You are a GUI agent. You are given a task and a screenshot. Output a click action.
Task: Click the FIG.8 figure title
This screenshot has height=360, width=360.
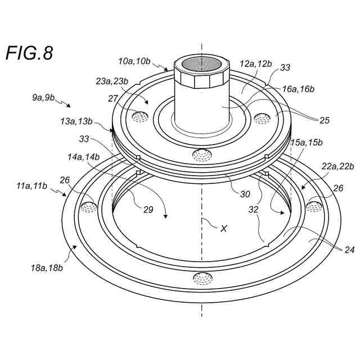coord(29,53)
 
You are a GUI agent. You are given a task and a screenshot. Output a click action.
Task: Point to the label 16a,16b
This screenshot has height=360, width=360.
coord(298,89)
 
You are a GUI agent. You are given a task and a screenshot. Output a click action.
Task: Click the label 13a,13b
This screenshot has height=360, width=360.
coord(77,121)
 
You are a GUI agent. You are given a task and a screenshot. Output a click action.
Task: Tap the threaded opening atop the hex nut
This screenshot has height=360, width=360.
coord(201,63)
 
